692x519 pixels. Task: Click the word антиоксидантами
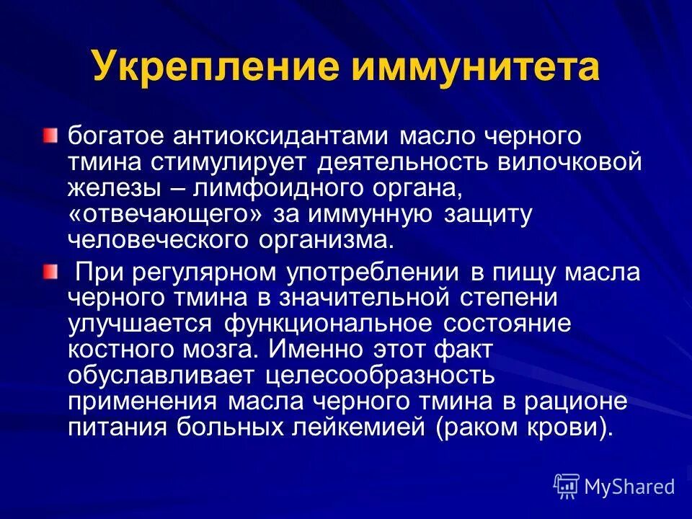[292, 137]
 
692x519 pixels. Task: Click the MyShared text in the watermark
[629, 487]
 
